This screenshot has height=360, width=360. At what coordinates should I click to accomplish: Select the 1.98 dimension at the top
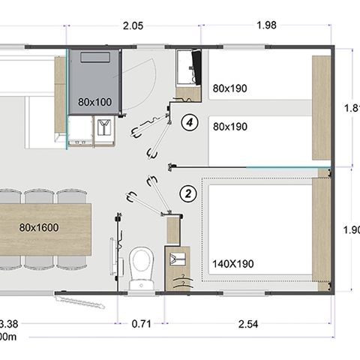point(265,25)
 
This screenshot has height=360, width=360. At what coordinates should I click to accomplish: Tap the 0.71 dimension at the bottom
point(142,325)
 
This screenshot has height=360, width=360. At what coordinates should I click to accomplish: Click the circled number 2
point(189,193)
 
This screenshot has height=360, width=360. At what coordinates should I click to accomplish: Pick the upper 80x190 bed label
point(229,88)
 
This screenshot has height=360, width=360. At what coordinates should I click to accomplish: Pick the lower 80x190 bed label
point(229,127)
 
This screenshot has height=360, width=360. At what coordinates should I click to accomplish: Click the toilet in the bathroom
point(140,265)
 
